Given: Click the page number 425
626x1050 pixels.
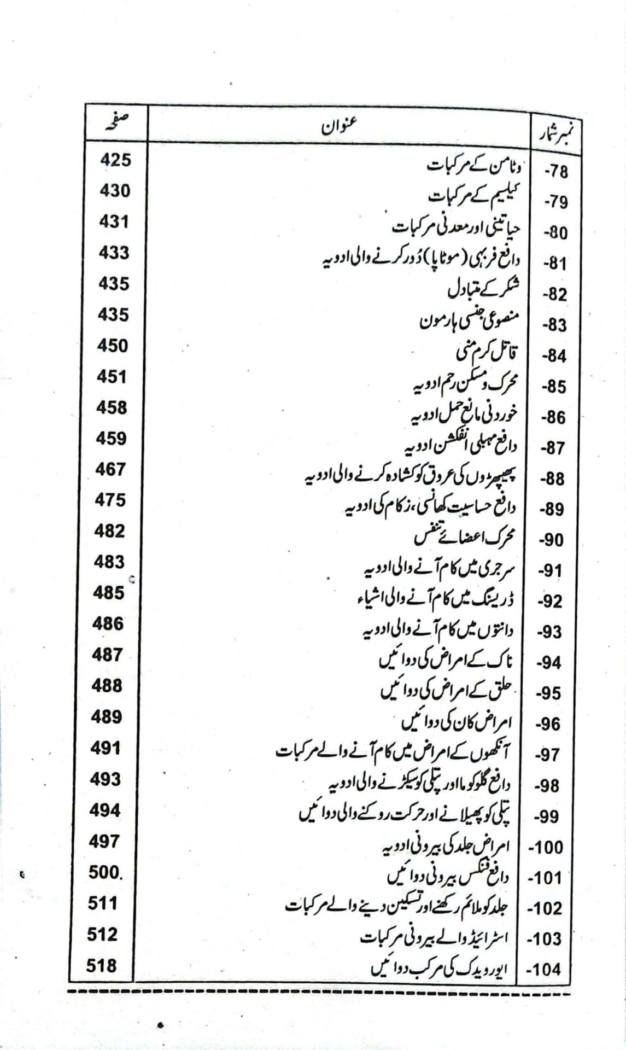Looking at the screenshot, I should click(115, 161).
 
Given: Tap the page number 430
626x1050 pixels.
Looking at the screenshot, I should click(115, 191).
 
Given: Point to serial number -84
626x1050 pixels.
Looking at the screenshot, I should click(555, 356).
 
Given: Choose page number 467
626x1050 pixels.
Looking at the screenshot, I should click(110, 470).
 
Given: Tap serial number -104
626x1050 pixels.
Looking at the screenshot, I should click(546, 970).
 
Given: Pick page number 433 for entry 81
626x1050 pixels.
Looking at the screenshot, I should click(114, 253).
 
